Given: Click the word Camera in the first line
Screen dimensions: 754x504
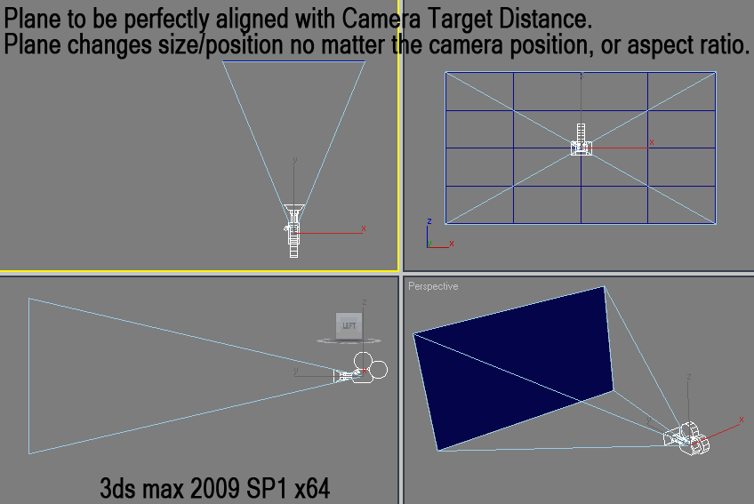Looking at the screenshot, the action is point(381,19).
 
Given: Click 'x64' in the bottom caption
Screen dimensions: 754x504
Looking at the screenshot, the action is point(312,488).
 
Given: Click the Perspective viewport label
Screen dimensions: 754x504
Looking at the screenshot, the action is point(433,286).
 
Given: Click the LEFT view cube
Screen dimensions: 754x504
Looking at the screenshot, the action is point(349,326).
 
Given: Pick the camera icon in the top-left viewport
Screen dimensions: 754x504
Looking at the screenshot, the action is point(293,231).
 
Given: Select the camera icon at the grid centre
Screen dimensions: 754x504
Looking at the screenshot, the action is point(581,140).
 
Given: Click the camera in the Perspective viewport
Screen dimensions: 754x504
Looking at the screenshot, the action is point(686,437).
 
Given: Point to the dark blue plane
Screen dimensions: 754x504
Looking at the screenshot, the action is point(513,368).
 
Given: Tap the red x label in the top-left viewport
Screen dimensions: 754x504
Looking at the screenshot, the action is point(364,228).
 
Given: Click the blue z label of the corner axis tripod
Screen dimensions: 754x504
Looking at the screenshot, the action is point(429,221).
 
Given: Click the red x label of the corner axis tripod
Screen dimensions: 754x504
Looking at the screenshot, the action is point(451,244).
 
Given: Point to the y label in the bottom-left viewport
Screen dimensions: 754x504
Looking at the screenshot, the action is point(296,371).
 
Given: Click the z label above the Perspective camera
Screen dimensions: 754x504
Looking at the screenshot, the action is point(688,377).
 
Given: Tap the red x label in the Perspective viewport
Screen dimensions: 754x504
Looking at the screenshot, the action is point(741,420).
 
